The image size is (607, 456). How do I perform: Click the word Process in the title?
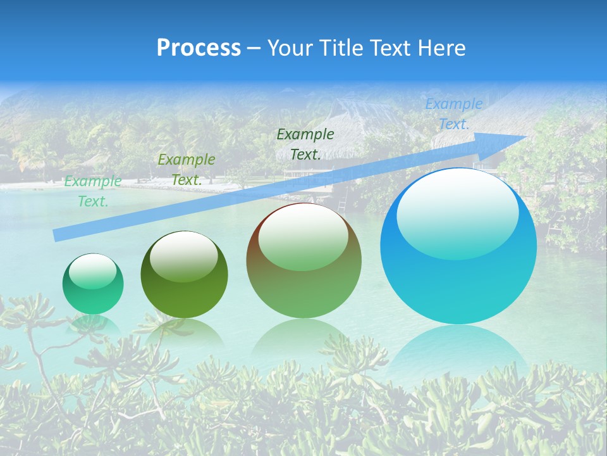tap(199, 48)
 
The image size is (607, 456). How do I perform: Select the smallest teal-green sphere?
tap(93, 284)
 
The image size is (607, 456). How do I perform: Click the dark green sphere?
tap(184, 274)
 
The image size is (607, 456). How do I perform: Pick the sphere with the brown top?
tap(303, 260)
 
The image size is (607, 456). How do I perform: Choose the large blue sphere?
tap(458, 246)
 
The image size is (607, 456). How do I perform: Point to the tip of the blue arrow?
tap(525, 136)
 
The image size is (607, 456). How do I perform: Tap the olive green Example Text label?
tap(187, 170)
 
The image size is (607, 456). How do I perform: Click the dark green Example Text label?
tap(305, 144)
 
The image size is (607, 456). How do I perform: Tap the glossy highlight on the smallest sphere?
tap(93, 271)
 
